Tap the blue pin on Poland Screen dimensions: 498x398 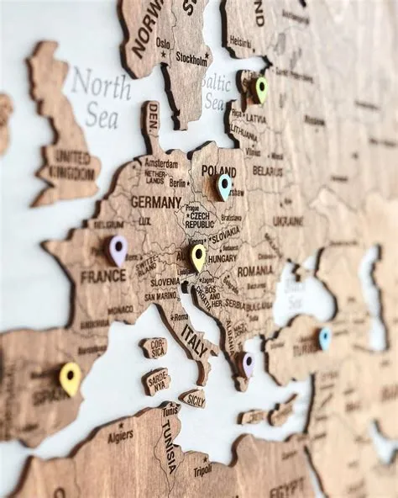click(x=223, y=184)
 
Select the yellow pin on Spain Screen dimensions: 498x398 click(x=71, y=377)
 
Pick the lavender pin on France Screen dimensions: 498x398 click(x=118, y=248)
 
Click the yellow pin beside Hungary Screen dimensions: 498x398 click(x=198, y=255)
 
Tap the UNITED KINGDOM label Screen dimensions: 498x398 click(x=73, y=162)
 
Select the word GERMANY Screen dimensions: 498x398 click(x=155, y=202)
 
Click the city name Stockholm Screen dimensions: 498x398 click(x=191, y=58)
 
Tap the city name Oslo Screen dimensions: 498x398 click(x=163, y=42)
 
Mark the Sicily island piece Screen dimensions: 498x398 click(x=193, y=399)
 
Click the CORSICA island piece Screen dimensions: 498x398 click(x=154, y=347)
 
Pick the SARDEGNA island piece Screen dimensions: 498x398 click(x=157, y=381)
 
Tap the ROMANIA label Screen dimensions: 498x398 click(x=254, y=271)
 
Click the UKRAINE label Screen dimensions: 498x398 click(x=288, y=220)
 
